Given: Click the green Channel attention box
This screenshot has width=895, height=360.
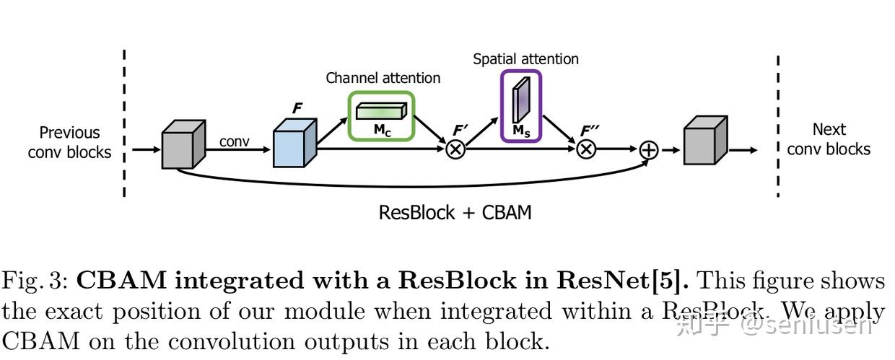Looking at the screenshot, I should (x=382, y=115).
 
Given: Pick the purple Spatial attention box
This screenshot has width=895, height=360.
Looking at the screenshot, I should (x=520, y=105).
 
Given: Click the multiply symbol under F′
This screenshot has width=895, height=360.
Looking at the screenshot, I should (x=456, y=149).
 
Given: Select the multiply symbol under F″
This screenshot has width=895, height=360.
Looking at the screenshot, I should (x=586, y=149).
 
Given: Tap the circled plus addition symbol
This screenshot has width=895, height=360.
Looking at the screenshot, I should (x=649, y=149).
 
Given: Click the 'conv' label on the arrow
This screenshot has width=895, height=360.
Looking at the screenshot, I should (x=234, y=141).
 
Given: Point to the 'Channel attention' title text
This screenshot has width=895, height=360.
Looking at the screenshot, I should (x=383, y=78).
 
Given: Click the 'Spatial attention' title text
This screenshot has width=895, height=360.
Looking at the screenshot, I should (x=525, y=59).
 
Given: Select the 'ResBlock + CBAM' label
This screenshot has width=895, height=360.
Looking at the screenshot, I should (x=455, y=213).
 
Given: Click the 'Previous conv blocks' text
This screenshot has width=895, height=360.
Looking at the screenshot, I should (x=69, y=142).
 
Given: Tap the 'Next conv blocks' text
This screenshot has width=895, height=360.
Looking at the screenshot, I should (x=829, y=139).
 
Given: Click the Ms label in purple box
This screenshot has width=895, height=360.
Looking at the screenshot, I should (x=520, y=131).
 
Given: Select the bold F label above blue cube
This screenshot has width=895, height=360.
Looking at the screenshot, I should (x=297, y=109).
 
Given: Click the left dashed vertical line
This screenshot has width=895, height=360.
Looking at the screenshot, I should (x=124, y=123).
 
